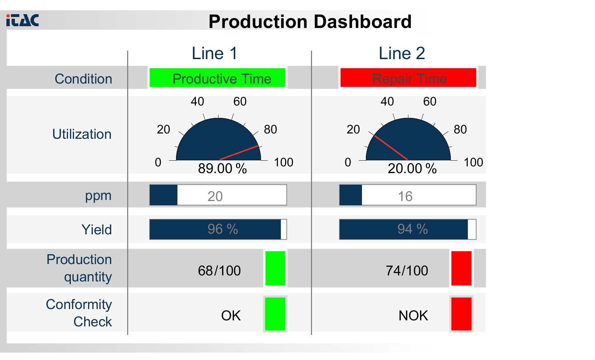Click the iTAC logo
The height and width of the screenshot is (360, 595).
pyautogui.click(x=22, y=20)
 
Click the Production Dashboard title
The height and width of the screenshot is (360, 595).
pyautogui.click(x=310, y=22)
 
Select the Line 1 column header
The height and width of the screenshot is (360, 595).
pyautogui.click(x=214, y=53)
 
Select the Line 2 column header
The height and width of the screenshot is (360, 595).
pyautogui.click(x=402, y=53)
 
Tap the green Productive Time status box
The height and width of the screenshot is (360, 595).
pyautogui.click(x=217, y=78)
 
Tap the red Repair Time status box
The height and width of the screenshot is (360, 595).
pyautogui.click(x=408, y=78)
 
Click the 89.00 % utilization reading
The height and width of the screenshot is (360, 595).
pyautogui.click(x=222, y=168)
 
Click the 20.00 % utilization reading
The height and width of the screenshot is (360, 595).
pyautogui.click(x=412, y=168)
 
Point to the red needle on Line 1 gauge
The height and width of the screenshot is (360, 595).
pyautogui.click(x=239, y=153)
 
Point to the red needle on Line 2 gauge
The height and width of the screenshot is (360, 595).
pyautogui.click(x=391, y=148)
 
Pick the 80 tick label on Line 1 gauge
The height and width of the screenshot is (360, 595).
pyautogui.click(x=270, y=130)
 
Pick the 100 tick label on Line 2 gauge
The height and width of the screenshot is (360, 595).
pyautogui.click(x=473, y=162)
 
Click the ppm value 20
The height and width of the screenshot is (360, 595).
pyautogui.click(x=215, y=196)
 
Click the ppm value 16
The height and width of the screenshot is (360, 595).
pyautogui.click(x=405, y=196)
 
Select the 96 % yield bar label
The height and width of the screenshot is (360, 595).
pyautogui.click(x=222, y=229)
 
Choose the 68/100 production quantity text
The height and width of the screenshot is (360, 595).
pyautogui.click(x=219, y=271)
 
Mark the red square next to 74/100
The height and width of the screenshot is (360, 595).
pyautogui.click(x=461, y=268)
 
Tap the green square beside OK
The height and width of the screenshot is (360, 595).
pyautogui.click(x=275, y=314)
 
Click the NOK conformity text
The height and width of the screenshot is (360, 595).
pyautogui.click(x=413, y=315)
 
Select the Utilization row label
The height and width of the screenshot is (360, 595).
pyautogui.click(x=82, y=135)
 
